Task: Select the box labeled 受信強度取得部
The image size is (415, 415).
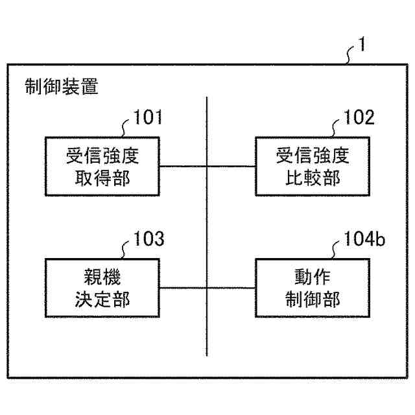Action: tap(103, 166)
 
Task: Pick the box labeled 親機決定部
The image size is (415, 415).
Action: tap(103, 287)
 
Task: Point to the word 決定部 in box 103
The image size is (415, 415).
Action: tap(103, 299)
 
